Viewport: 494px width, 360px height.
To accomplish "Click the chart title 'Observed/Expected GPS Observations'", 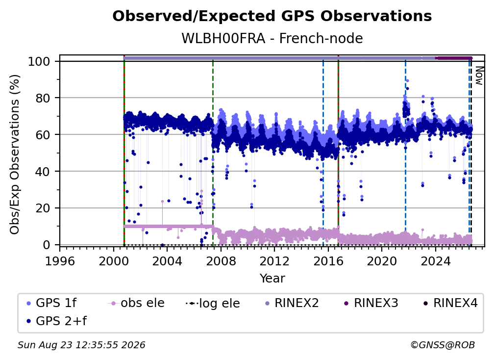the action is [x=272, y=16].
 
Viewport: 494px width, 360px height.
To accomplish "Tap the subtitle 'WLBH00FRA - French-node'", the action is [x=272, y=38].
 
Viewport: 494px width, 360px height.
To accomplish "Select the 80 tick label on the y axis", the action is [x=43, y=98].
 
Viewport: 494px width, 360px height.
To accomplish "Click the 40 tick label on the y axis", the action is [x=43, y=172].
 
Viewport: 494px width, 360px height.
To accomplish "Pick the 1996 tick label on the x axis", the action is [x=60, y=261].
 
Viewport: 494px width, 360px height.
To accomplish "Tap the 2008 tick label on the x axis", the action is [x=221, y=261].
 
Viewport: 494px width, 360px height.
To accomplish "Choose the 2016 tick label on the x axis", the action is [x=328, y=261].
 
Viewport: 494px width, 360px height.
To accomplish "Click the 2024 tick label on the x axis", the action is [x=435, y=261].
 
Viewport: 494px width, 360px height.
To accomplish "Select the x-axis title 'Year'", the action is [x=272, y=279].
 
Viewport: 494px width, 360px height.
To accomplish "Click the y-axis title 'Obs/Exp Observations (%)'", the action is [x=15, y=154].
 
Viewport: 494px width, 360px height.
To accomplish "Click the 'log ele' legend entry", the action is [x=213, y=303].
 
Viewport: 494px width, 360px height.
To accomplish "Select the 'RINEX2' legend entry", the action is [x=292, y=303].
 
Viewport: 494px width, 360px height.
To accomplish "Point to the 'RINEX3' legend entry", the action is [x=371, y=303].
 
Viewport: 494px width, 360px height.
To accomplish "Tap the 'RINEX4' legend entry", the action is [x=451, y=303].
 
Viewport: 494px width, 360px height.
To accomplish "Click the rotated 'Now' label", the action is [x=479, y=76].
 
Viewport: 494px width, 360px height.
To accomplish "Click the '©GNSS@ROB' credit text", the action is [x=443, y=345].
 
